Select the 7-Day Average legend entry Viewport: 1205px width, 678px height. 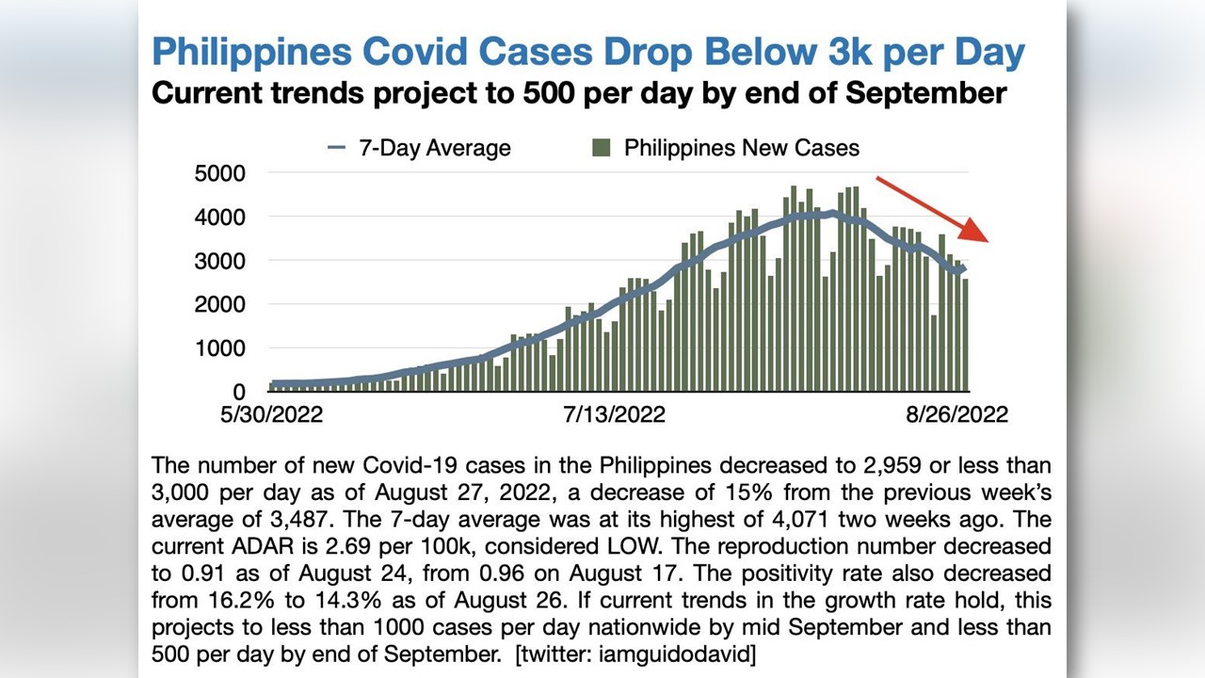[419, 148]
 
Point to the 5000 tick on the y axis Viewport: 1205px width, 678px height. [220, 173]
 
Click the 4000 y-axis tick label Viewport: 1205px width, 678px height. [220, 218]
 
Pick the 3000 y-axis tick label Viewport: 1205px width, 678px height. [220, 261]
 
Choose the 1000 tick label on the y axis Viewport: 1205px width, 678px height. [220, 348]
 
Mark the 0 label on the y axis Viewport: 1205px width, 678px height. [238, 392]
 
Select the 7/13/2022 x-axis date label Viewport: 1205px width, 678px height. [615, 415]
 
